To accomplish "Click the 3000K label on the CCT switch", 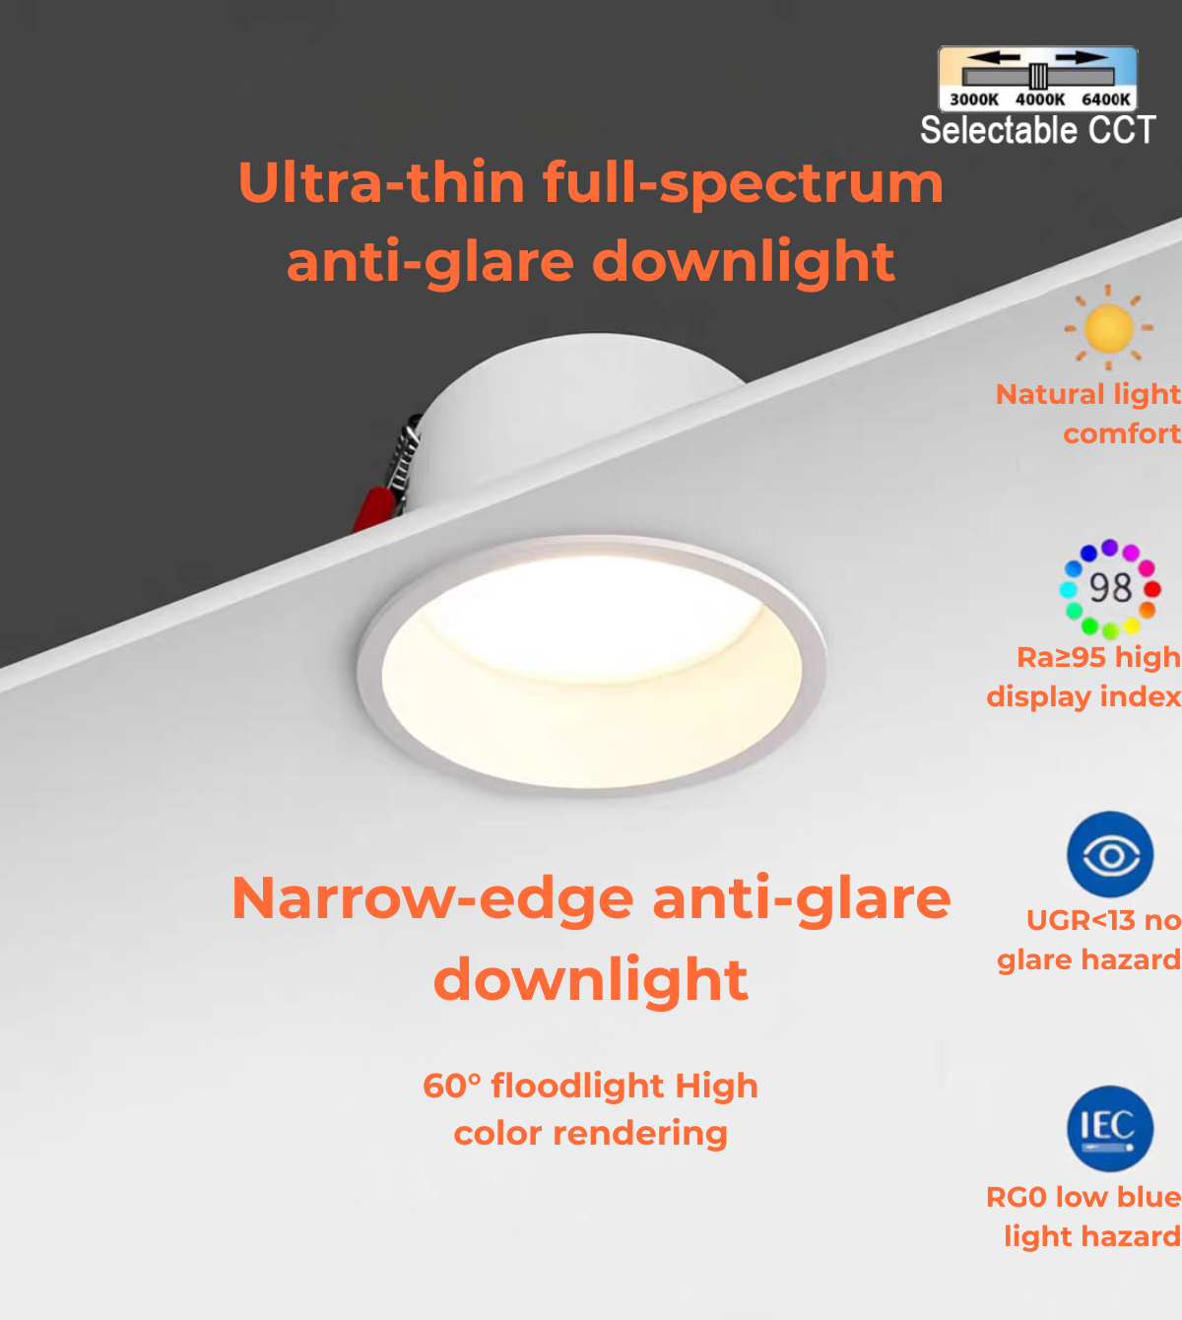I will click(x=973, y=99).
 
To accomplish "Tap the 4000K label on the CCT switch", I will click(x=1039, y=99).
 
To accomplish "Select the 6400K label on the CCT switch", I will click(x=1105, y=99).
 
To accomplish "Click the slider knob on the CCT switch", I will click(x=1038, y=76).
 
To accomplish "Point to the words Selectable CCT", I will click(x=1037, y=131).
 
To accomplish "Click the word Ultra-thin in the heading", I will click(x=381, y=183).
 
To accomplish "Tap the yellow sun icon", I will click(x=1109, y=329).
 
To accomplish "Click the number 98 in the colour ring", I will click(x=1110, y=588).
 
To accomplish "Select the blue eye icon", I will click(x=1110, y=854).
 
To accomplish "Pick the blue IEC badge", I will click(x=1110, y=1129).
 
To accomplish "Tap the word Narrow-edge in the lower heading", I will click(x=433, y=899).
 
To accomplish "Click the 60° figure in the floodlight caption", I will click(x=451, y=1086).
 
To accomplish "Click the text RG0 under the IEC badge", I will click(x=1016, y=1197).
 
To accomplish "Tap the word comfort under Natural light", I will click(x=1121, y=433).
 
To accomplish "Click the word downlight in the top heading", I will click(x=744, y=262).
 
